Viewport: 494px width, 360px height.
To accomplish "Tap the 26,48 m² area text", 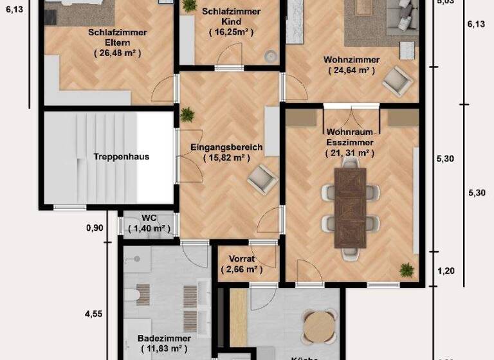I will pyautogui.click(x=117, y=53).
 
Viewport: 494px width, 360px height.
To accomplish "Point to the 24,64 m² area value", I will pyautogui.click(x=351, y=70).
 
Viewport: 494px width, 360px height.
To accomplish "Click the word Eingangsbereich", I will pyautogui.click(x=226, y=147).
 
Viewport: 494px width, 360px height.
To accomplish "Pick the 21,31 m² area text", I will pyautogui.click(x=349, y=153).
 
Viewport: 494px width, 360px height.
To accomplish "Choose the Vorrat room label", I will pyautogui.click(x=241, y=260).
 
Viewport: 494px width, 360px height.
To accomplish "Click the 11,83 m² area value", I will pyautogui.click(x=163, y=349).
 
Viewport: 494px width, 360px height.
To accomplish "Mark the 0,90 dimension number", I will pyautogui.click(x=95, y=227).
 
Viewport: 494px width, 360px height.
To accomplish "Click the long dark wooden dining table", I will pyautogui.click(x=350, y=207).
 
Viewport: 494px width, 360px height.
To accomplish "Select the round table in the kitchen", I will pyautogui.click(x=320, y=326).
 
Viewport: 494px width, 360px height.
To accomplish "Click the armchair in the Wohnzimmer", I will pyautogui.click(x=396, y=81).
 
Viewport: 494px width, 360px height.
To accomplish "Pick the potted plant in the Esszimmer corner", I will pyautogui.click(x=406, y=270).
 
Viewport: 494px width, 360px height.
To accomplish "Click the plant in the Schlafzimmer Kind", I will pyautogui.click(x=189, y=6).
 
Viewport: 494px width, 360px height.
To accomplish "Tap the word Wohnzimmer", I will pyautogui.click(x=351, y=60).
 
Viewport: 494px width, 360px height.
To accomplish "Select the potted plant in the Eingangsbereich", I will pyautogui.click(x=187, y=115).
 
